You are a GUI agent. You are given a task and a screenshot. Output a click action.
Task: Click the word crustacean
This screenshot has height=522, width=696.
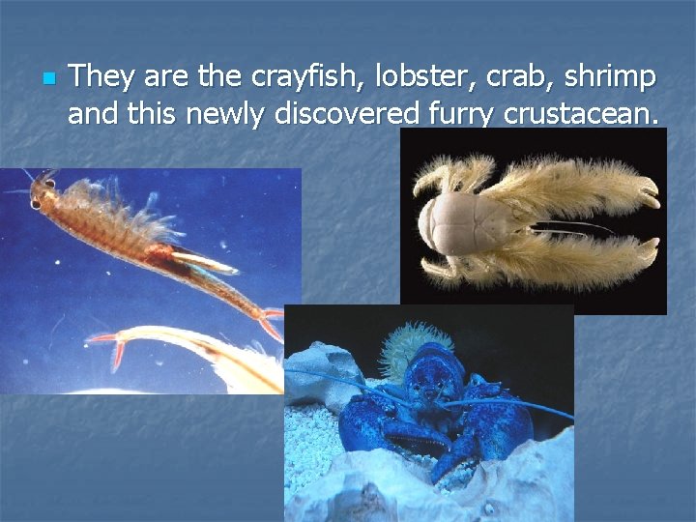[583, 114]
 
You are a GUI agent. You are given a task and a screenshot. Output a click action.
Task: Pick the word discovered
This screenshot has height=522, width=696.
[345, 114]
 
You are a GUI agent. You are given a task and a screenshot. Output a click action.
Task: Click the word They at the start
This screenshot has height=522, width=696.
[101, 75]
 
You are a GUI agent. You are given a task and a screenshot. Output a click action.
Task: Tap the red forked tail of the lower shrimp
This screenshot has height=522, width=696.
[106, 345]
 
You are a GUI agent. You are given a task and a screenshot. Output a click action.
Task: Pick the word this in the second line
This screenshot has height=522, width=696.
[159, 114]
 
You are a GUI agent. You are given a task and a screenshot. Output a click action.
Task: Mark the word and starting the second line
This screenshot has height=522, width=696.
[93, 114]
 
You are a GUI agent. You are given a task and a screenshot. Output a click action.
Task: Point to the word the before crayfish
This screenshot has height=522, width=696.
[220, 75]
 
